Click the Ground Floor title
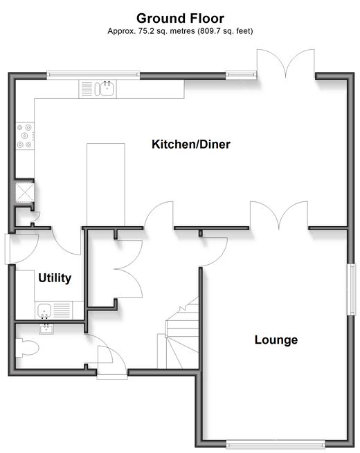[x=180, y=18]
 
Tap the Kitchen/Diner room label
[x=191, y=144]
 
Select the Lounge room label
[x=276, y=340]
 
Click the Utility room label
[x=55, y=278]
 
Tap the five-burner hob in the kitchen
[x=25, y=136]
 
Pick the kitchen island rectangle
[x=106, y=185]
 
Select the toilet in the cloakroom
[x=27, y=348]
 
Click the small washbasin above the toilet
[x=46, y=329]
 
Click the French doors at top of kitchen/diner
[x=286, y=64]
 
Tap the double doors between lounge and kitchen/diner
[x=279, y=215]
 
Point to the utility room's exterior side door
[x=21, y=249]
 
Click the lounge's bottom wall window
[x=276, y=445]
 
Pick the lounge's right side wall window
[x=352, y=290]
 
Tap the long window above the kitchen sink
[x=93, y=75]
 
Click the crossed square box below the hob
[x=25, y=192]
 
